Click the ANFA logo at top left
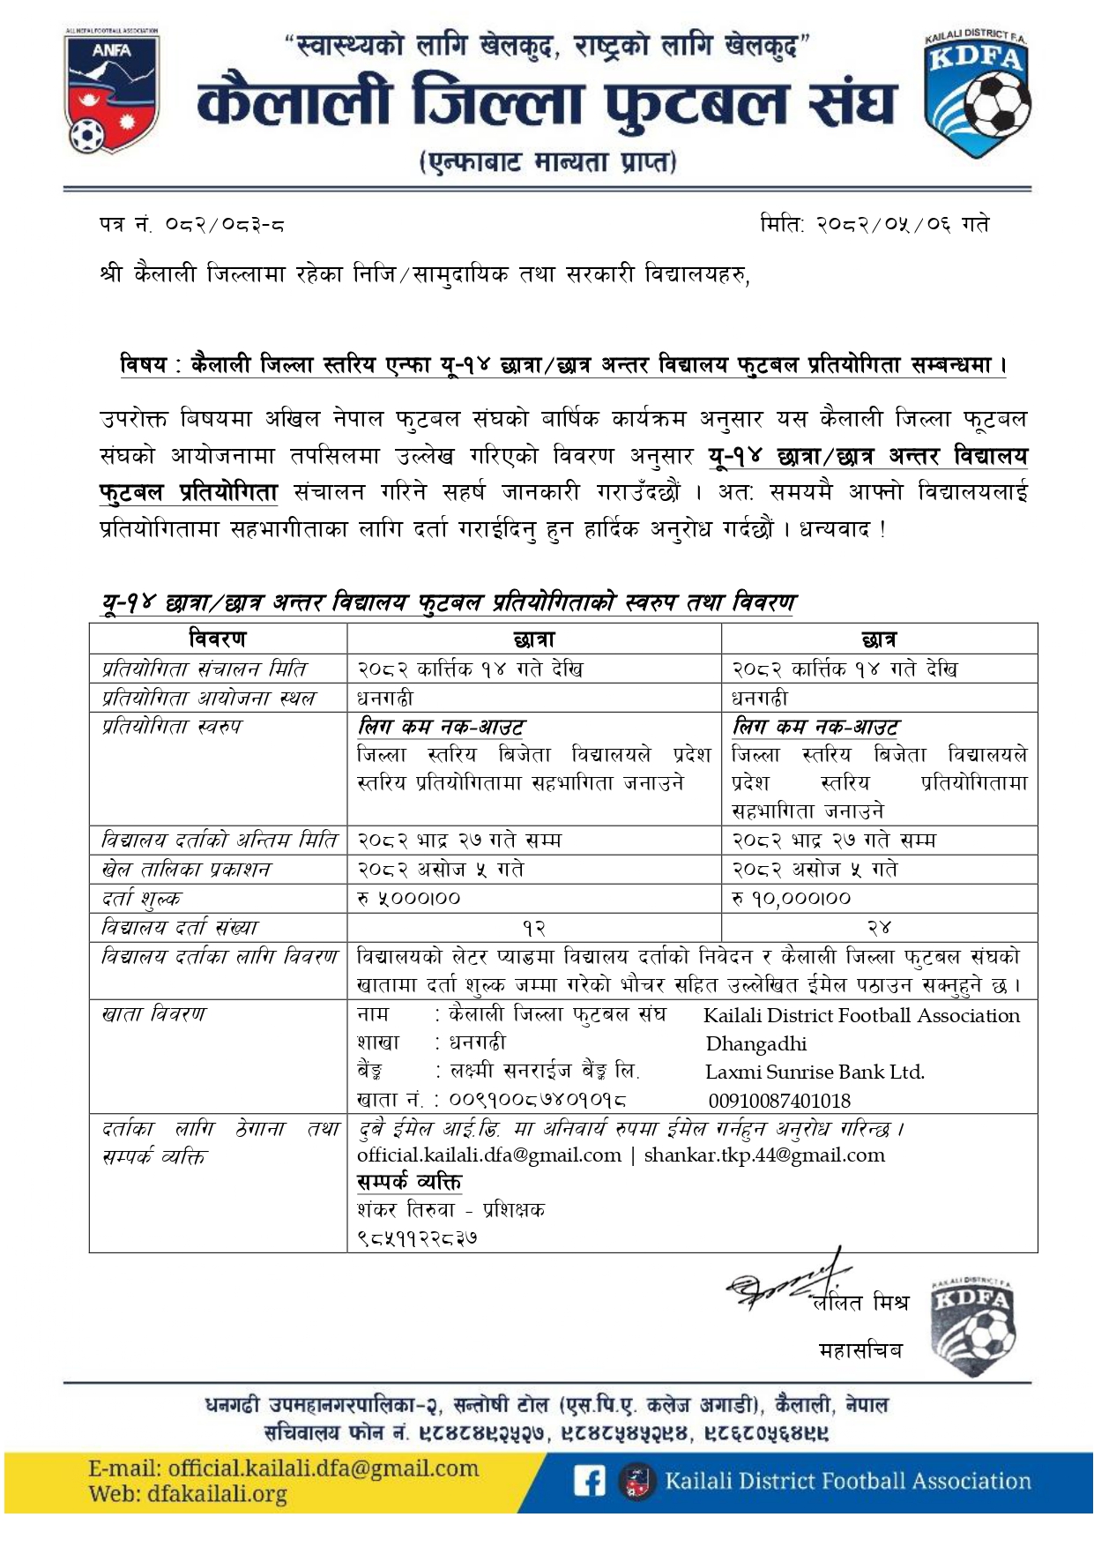(112, 92)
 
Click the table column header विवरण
(218, 639)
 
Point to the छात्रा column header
(534, 639)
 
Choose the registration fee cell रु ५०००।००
(409, 899)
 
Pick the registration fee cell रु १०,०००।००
(791, 899)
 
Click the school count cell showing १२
(534, 928)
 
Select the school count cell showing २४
(879, 928)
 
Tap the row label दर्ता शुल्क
(141, 899)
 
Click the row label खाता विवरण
(153, 1014)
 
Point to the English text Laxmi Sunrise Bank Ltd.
(815, 1072)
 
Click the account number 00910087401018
(779, 1101)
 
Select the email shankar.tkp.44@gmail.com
(764, 1155)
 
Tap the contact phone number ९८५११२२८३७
(418, 1237)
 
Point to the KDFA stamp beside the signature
(973, 1326)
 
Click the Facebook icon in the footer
(589, 1480)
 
